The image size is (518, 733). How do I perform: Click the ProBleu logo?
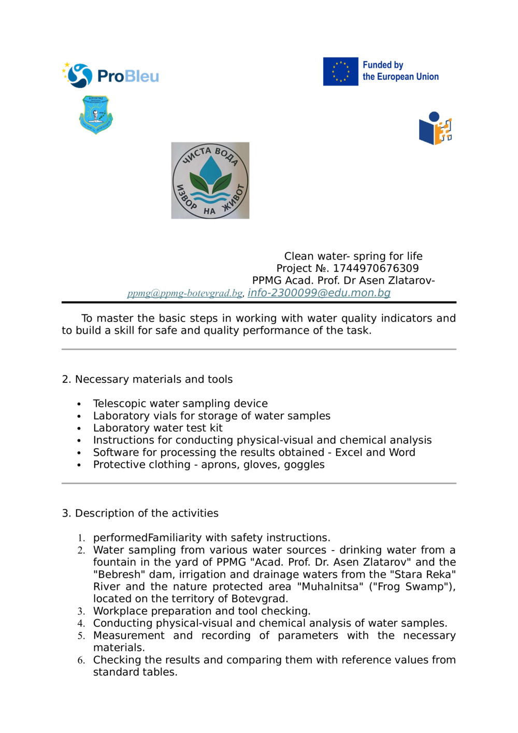point(110,76)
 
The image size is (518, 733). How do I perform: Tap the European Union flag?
point(340,71)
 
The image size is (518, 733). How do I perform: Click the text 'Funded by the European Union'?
point(400,71)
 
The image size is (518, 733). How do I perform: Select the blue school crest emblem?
point(96,114)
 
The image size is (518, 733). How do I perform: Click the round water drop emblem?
point(210,180)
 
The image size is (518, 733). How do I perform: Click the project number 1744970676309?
point(376,268)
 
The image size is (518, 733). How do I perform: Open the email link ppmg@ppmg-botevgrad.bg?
point(185,293)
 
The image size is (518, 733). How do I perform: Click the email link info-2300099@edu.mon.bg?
point(319,293)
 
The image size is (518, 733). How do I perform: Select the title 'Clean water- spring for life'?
point(353,256)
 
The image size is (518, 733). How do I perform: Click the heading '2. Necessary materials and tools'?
point(147,379)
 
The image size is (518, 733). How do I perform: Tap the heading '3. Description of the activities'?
point(140,513)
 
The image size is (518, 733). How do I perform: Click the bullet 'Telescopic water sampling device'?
point(180,404)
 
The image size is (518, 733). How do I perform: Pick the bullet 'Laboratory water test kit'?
point(157,428)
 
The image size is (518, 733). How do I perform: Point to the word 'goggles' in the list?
point(304,465)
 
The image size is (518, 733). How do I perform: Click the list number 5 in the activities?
point(81,636)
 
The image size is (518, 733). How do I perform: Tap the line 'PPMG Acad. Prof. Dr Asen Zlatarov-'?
point(343,280)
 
